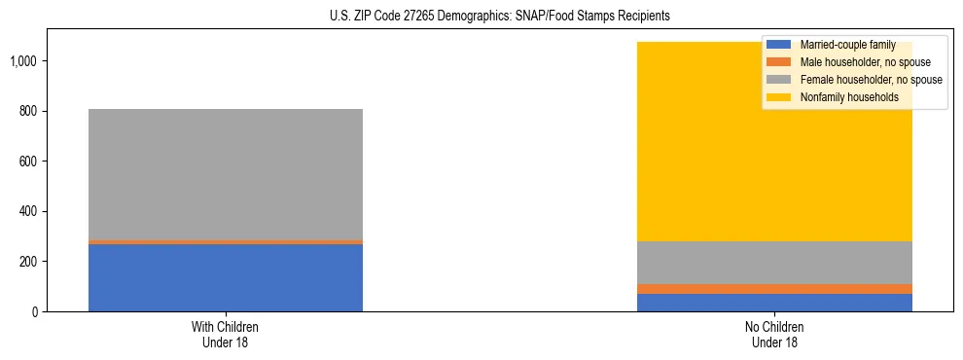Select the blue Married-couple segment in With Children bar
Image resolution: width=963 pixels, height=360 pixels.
pos(225,277)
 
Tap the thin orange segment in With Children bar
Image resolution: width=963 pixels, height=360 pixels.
pos(225,241)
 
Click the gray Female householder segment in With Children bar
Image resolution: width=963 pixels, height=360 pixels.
pos(225,174)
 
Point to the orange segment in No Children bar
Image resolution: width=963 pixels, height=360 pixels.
pos(774,289)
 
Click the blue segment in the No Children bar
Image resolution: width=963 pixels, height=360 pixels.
pos(774,303)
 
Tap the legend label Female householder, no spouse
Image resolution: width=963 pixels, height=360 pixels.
pos(870,80)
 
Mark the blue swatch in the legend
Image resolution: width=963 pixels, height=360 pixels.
pos(779,45)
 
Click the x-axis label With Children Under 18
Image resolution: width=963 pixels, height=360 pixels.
pos(225,334)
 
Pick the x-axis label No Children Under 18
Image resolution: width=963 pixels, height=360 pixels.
pos(774,334)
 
